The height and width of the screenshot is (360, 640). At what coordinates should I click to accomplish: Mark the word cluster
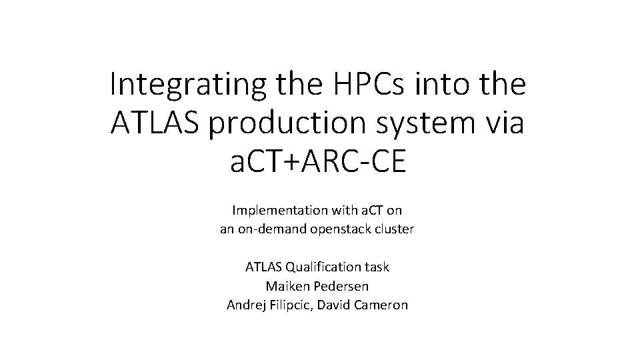point(394,229)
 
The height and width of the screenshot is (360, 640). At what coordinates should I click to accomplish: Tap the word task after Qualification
point(376,267)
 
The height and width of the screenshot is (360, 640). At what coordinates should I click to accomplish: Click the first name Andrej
point(245,305)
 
